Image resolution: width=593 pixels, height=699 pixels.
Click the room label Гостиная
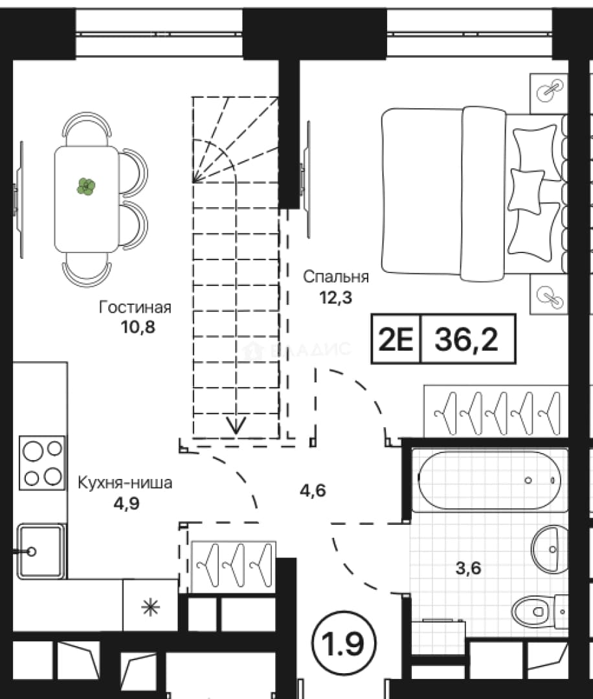135,307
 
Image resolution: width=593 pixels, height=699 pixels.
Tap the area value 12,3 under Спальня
336,297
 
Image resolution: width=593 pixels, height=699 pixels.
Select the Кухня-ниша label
125,482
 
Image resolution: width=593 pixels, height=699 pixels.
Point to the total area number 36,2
466,339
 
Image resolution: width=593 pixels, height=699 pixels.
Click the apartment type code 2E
396,339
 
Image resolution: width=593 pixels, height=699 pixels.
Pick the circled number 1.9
343,643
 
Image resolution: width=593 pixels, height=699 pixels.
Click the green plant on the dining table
86,186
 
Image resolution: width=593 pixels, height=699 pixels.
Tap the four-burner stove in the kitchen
42,463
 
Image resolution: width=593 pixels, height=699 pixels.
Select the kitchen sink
41,551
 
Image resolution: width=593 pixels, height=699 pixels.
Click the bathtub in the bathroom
490,480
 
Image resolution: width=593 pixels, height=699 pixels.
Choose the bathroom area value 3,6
469,568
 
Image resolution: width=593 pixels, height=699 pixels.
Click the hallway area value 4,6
313,491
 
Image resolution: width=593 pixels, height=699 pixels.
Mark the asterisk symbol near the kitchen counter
150,608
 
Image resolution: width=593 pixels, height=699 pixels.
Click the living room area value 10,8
138,327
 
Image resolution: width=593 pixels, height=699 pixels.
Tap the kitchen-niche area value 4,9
127,504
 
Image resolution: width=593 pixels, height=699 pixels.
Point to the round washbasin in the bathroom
550,549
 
